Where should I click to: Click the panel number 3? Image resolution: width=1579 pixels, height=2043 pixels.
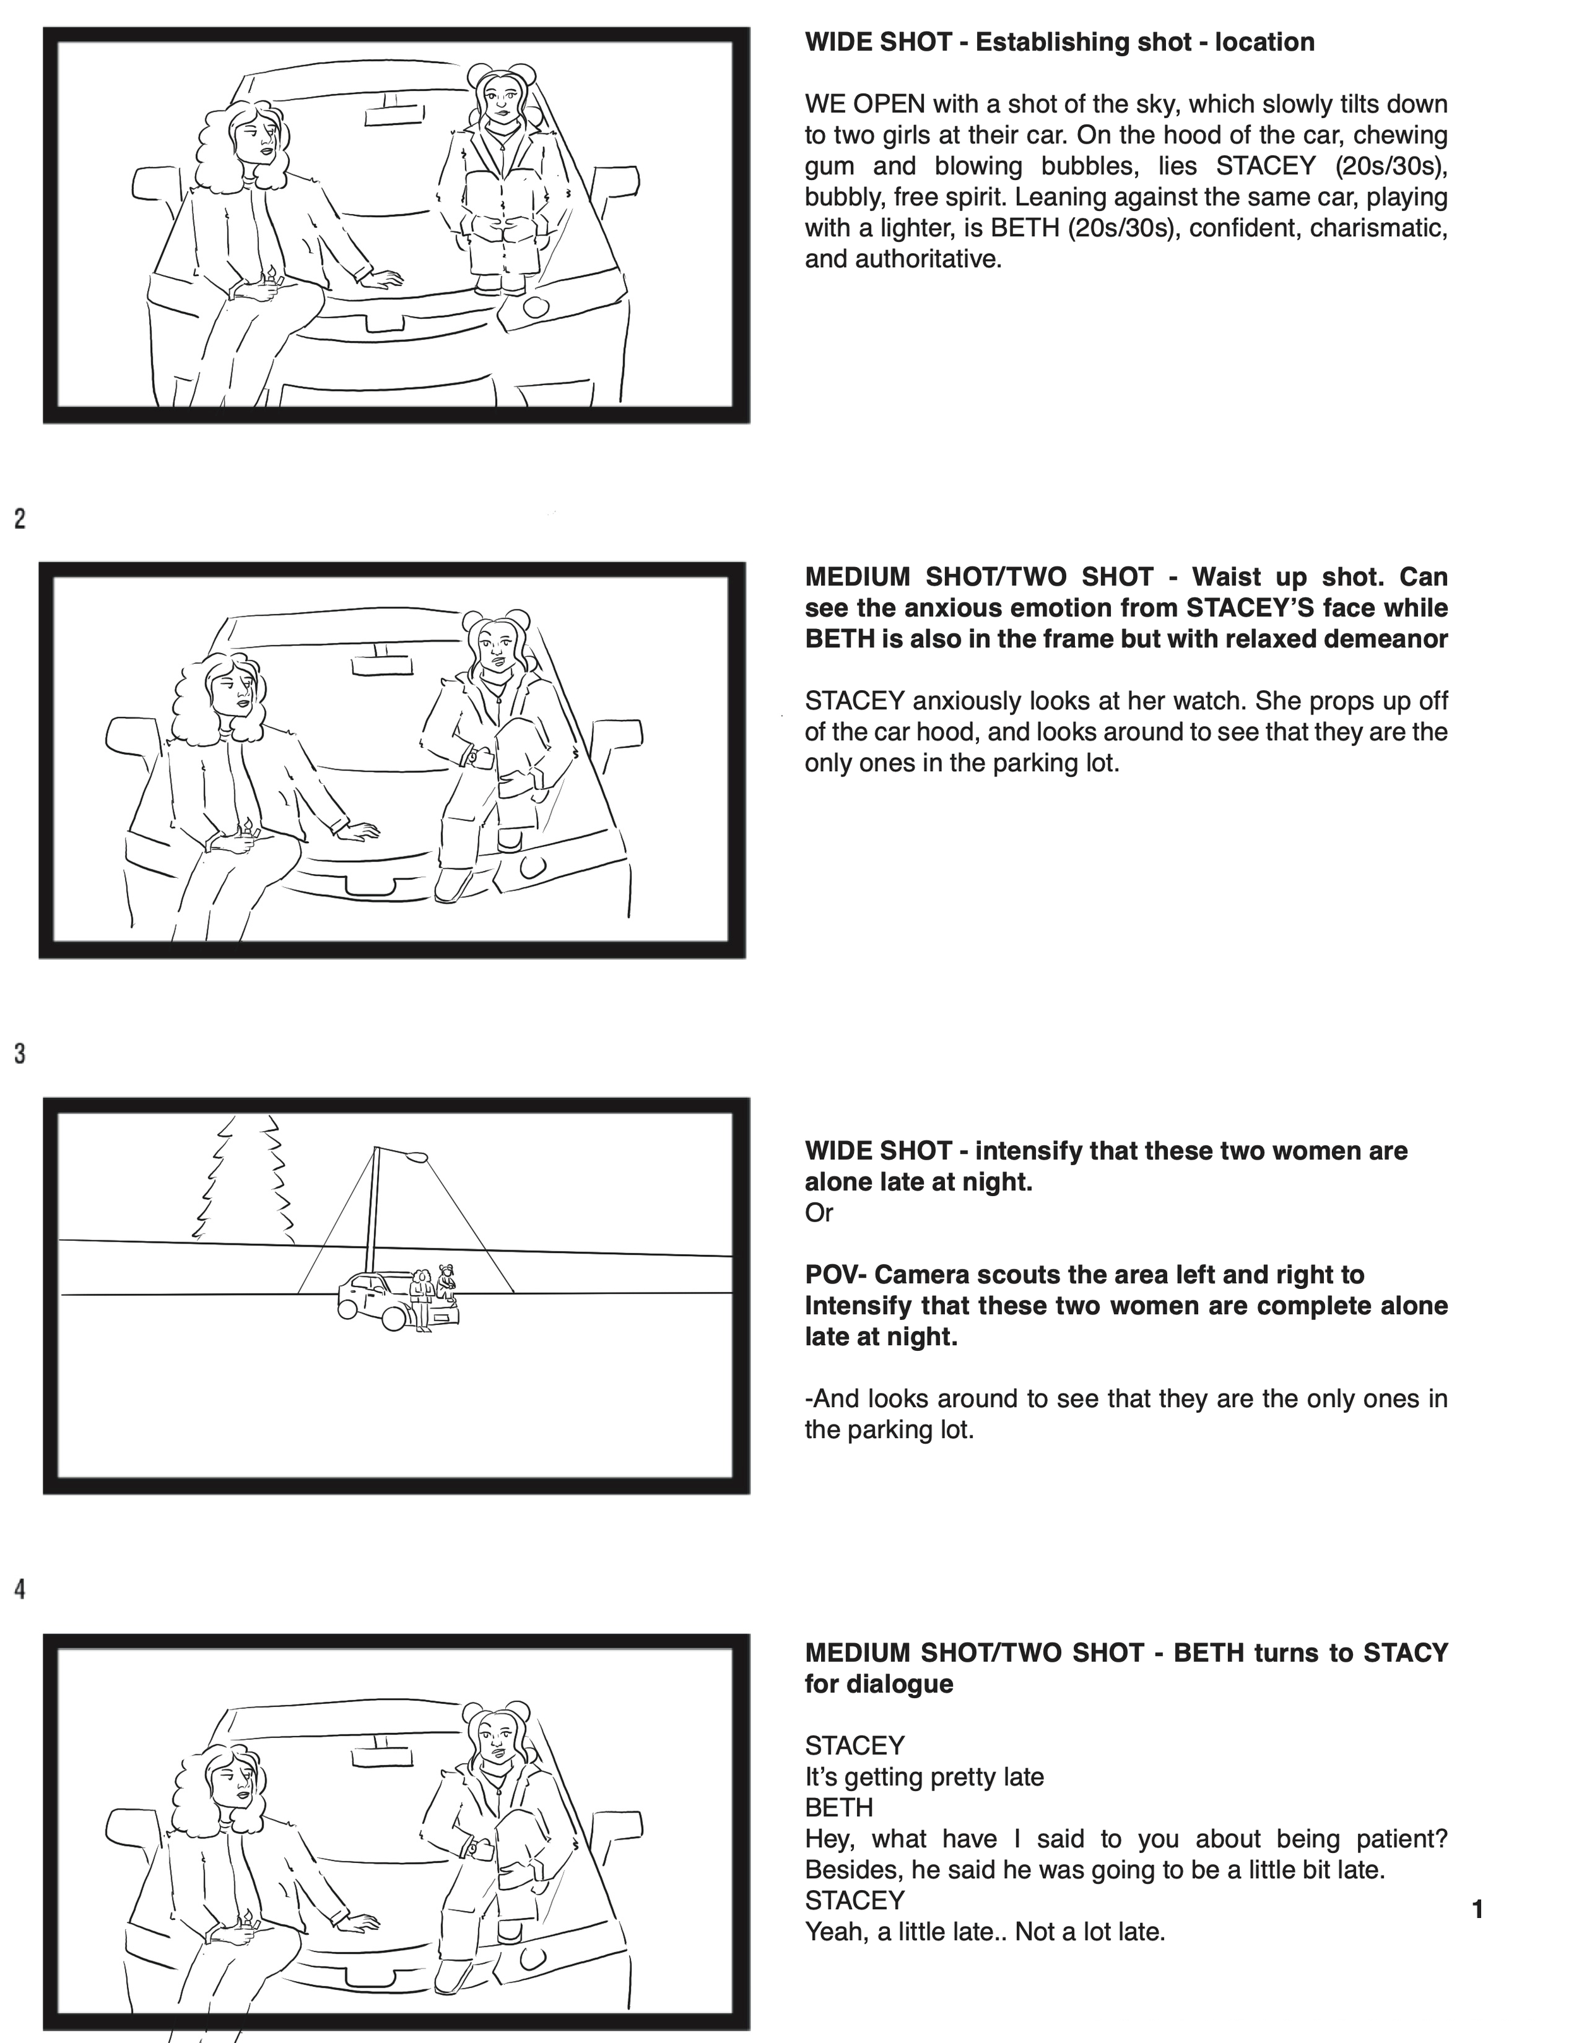(20, 1053)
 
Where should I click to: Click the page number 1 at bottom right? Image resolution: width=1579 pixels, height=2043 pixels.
(1477, 1909)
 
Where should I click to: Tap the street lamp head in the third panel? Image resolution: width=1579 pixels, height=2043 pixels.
(416, 1156)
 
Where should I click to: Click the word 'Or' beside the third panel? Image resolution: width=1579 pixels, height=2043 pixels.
(819, 1213)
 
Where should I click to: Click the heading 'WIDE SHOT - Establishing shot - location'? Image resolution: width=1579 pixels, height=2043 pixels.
(1059, 42)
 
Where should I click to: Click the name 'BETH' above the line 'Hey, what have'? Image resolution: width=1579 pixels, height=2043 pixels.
(838, 1807)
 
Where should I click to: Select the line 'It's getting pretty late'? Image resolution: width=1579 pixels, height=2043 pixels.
(923, 1776)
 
